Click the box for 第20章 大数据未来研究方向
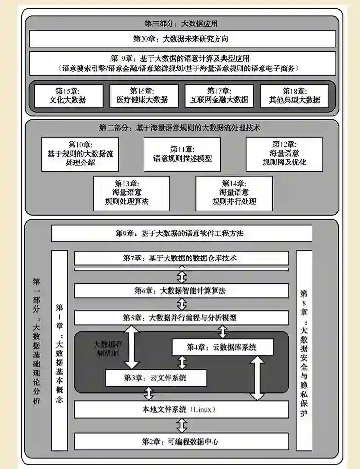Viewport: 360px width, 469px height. tap(182, 38)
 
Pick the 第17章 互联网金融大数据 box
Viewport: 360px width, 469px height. tap(219, 96)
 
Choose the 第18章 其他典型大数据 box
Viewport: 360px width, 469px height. tap(294, 96)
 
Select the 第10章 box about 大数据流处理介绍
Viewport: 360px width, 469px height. tap(73, 154)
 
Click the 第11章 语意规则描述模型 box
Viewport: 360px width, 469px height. tap(182, 154)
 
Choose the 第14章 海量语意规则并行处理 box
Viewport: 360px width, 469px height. tap(234, 192)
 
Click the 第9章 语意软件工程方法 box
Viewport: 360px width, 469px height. tap(181, 234)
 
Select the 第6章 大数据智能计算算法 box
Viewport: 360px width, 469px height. tap(181, 290)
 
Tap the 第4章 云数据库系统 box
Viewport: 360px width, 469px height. tap(221, 347)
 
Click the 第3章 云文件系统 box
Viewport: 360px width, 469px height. tap(156, 377)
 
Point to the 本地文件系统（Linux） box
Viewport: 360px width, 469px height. tap(181, 409)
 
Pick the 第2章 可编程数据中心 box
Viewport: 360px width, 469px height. tap(181, 441)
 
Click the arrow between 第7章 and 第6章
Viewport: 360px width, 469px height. tap(182, 277)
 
